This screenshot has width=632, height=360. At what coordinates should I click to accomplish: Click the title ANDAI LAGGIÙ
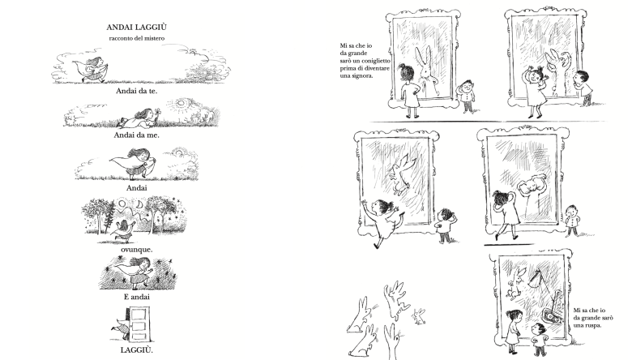pos(137,28)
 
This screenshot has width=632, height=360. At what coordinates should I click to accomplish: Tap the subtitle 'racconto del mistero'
pos(137,38)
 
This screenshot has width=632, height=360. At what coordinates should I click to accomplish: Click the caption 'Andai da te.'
pos(137,91)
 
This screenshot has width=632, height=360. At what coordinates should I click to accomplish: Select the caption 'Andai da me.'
pos(137,135)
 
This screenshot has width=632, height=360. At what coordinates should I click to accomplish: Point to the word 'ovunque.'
pos(137,250)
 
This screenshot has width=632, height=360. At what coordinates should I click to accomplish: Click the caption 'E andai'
pos(137,297)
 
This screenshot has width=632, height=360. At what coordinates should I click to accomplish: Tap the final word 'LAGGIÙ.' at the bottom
pos(137,350)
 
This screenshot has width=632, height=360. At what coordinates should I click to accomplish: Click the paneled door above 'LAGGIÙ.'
pos(139,324)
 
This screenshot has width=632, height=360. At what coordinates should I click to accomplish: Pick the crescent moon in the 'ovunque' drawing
pos(139,205)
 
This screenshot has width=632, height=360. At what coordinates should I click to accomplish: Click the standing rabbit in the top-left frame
pos(425,71)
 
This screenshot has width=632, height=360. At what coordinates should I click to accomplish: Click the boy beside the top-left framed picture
pos(467,96)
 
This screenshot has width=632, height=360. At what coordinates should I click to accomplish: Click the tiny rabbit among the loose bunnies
pos(419,316)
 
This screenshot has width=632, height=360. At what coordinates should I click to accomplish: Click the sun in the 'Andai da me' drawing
pos(181,104)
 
